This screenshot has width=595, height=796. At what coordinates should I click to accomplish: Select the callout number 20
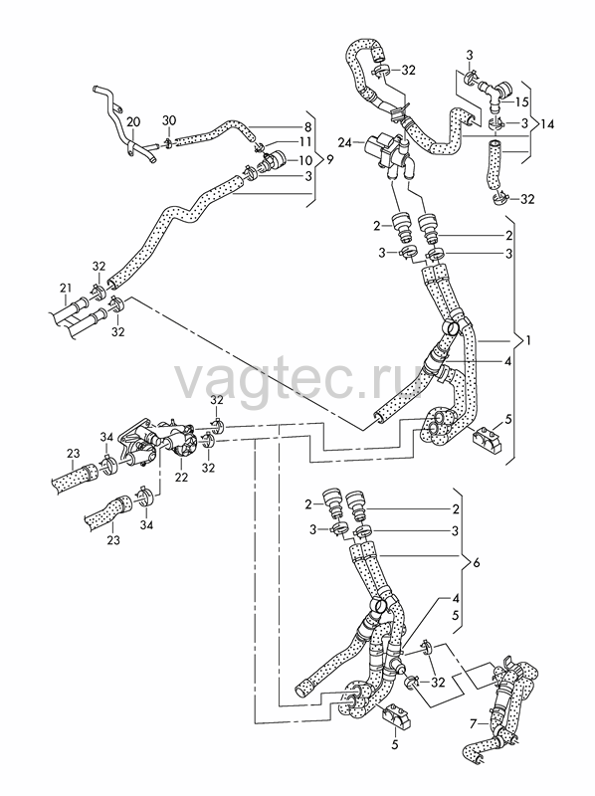point(132,121)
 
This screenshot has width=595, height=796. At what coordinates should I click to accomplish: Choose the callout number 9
point(330,160)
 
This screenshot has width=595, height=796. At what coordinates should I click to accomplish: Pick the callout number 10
point(305,161)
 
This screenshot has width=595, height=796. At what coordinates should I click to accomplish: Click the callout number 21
point(66,289)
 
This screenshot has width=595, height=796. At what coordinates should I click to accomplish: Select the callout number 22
point(181,478)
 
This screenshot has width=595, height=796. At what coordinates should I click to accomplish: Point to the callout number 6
point(476,563)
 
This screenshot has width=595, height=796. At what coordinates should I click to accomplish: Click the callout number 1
point(528,341)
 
